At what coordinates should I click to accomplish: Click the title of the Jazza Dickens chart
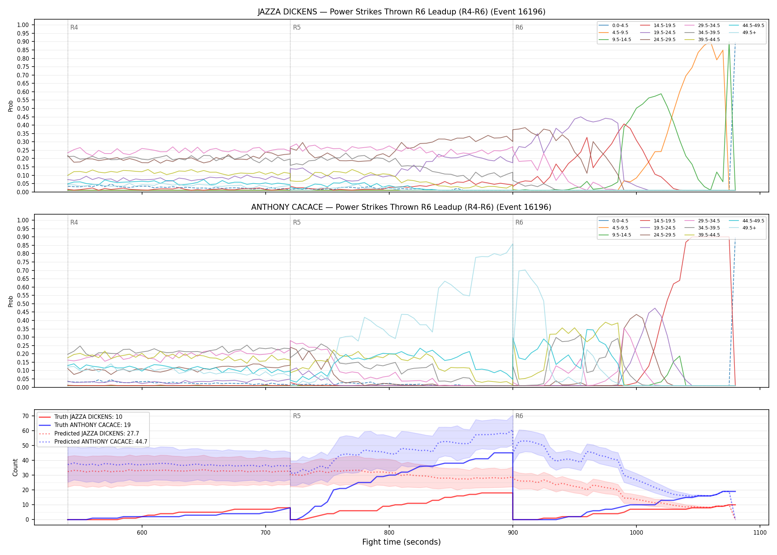tap(401, 12)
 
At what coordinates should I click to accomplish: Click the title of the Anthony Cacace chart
tap(401, 207)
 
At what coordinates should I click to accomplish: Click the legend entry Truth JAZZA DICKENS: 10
tap(80, 417)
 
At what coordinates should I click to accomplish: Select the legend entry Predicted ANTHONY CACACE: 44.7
tap(93, 442)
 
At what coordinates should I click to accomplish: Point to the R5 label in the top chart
tap(297, 27)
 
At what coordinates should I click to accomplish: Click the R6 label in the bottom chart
tap(519, 416)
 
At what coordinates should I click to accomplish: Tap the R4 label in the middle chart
tap(74, 222)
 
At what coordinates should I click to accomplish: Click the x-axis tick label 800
tap(389, 533)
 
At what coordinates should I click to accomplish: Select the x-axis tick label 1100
tap(760, 533)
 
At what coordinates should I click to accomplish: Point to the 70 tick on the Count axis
tap(26, 416)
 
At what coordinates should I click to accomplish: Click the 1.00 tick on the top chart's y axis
tap(23, 25)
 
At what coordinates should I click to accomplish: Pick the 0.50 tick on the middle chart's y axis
tap(23, 304)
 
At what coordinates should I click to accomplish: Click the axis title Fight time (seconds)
tap(401, 542)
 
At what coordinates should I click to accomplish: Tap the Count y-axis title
tap(15, 467)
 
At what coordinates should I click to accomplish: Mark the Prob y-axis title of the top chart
tap(11, 106)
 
